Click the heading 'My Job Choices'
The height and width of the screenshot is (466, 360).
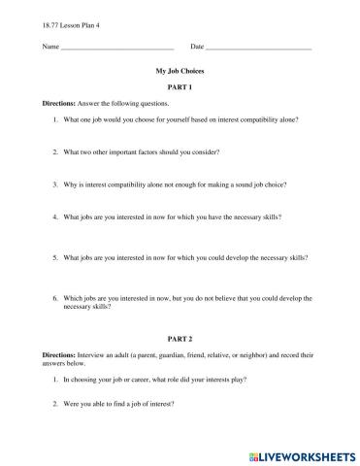pyautogui.click(x=180, y=71)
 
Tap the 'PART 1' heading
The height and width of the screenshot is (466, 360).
pyautogui.click(x=180, y=87)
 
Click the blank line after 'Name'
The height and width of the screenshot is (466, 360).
pyautogui.click(x=117, y=48)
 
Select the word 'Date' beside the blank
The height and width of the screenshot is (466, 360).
pyautogui.click(x=197, y=47)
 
